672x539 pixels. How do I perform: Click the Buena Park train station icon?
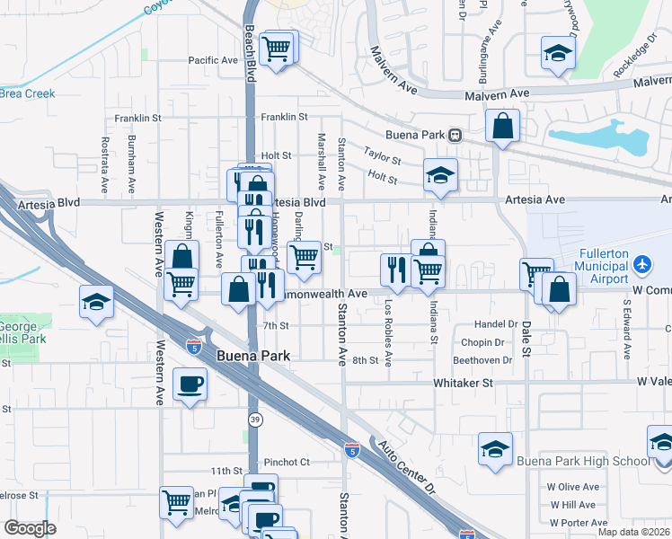pos(455,136)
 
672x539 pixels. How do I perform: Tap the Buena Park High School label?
pos(583,462)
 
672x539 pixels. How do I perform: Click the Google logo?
pos(30,528)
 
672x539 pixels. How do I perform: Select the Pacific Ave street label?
pos(213,60)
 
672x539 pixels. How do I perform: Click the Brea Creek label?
pos(27,93)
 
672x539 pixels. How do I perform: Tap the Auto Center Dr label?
pos(405,468)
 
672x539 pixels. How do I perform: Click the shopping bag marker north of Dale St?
pos(502,127)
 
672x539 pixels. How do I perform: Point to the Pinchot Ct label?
pos(286,462)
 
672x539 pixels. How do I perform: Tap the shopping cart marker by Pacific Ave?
pos(278,48)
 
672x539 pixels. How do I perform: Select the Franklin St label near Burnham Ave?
pos(137,118)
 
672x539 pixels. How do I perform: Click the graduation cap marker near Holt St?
pos(440,175)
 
